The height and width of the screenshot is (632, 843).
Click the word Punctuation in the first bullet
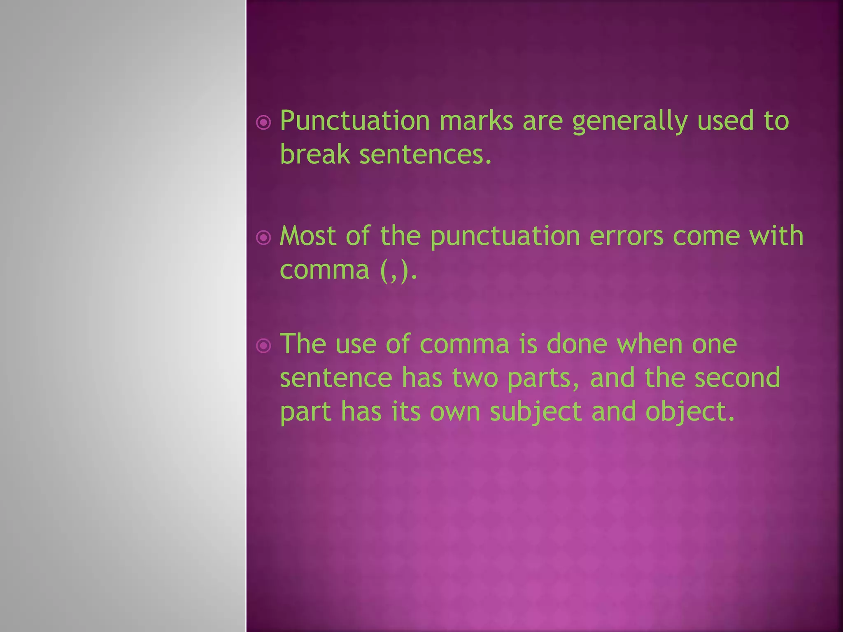pyautogui.click(x=355, y=121)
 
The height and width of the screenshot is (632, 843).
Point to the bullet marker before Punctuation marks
pyautogui.click(x=263, y=122)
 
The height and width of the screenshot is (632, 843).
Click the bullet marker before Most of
pyautogui.click(x=263, y=237)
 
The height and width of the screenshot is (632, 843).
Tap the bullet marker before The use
pyautogui.click(x=263, y=346)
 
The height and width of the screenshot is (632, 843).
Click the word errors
pyautogui.click(x=626, y=237)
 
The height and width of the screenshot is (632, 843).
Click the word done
pyautogui.click(x=577, y=344)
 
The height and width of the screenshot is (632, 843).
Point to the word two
pyautogui.click(x=475, y=378)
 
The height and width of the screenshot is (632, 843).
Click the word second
pyautogui.click(x=737, y=378)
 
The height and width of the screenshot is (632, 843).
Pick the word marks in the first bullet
pyautogui.click(x=476, y=121)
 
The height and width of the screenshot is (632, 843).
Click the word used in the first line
pyautogui.click(x=725, y=121)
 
